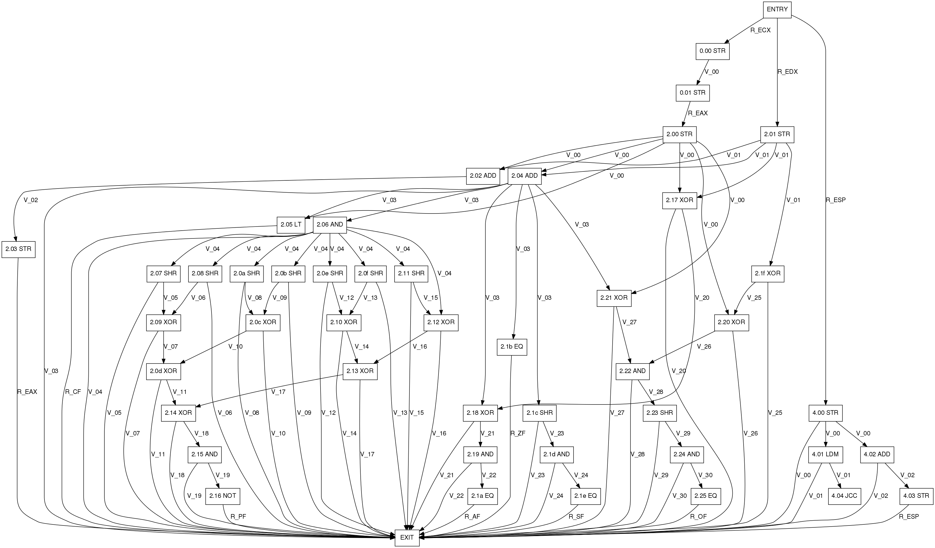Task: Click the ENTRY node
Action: point(777,10)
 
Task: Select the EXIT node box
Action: point(407,537)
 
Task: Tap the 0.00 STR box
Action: point(712,51)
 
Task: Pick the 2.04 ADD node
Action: point(524,176)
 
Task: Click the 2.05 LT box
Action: point(291,225)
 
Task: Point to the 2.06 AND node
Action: point(330,225)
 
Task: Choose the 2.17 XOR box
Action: point(679,200)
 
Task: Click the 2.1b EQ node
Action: point(512,347)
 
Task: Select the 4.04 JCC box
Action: point(844,496)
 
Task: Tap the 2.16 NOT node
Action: point(223,496)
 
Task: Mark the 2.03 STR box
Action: point(18,249)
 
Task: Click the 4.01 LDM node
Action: point(825,454)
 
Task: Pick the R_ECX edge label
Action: point(760,30)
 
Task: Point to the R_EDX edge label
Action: point(787,72)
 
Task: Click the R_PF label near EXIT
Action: point(238,517)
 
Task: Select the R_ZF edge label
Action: point(518,433)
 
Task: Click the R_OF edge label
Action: point(698,517)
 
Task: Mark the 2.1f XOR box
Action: point(768,273)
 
